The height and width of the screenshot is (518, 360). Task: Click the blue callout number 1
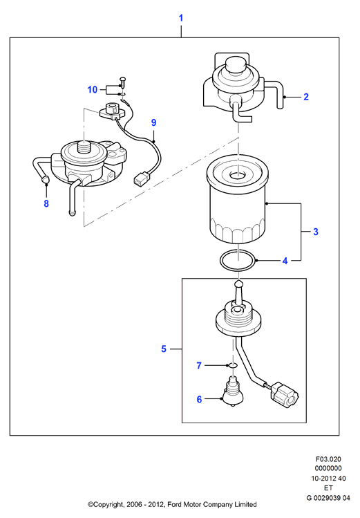pyautogui.click(x=181, y=18)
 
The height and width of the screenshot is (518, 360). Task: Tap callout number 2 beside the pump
pyautogui.click(x=306, y=97)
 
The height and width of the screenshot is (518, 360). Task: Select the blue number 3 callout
pyautogui.click(x=316, y=232)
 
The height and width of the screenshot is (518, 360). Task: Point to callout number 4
pyautogui.click(x=285, y=261)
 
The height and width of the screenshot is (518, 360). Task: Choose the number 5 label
pyautogui.click(x=164, y=349)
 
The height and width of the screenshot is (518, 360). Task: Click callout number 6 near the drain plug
pyautogui.click(x=199, y=400)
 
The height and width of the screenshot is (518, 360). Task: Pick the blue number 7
pyautogui.click(x=198, y=366)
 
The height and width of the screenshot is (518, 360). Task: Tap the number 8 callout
pyautogui.click(x=46, y=203)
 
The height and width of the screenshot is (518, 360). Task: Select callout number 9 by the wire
pyautogui.click(x=153, y=122)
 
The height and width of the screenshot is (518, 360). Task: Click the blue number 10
pyautogui.click(x=93, y=89)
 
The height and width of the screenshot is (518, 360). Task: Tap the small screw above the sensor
pyautogui.click(x=122, y=81)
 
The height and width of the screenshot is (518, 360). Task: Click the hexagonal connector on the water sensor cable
pyautogui.click(x=285, y=395)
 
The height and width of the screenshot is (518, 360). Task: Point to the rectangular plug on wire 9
pyautogui.click(x=140, y=178)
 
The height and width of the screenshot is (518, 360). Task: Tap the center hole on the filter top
pyautogui.click(x=237, y=175)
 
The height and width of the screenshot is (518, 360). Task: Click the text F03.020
pyautogui.click(x=328, y=459)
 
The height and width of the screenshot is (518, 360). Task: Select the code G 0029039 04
pyautogui.click(x=328, y=498)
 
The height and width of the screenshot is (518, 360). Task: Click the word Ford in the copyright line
pyautogui.click(x=175, y=504)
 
